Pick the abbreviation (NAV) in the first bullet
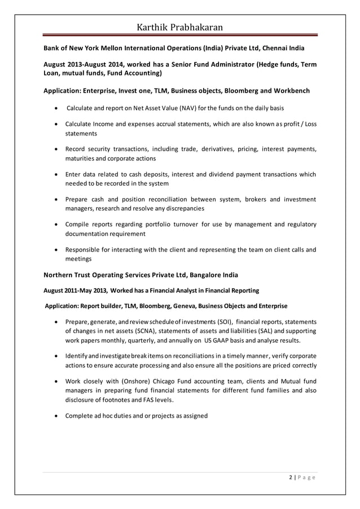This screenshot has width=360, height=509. click(x=189, y=108)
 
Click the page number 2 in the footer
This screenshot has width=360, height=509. click(x=289, y=477)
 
